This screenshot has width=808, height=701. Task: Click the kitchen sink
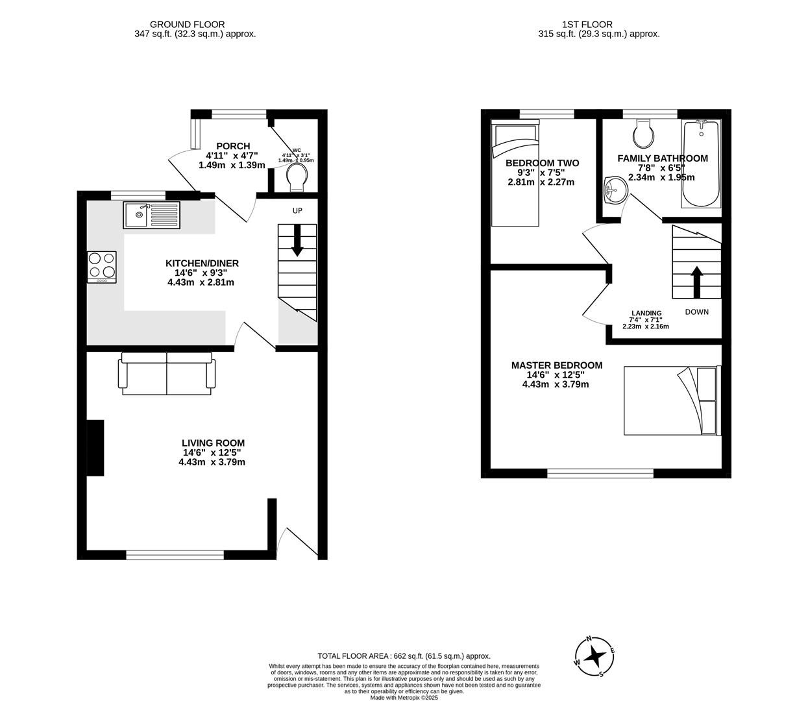pos(151,215)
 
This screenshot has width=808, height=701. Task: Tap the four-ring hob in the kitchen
pos(102,266)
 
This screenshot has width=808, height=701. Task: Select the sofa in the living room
pos(166,374)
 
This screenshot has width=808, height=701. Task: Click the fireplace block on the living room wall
pos(95,448)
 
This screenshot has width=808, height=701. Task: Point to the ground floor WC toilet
pos(296,177)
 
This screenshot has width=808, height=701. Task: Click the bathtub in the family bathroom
pos(700,164)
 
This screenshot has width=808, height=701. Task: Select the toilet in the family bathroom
pos(644,134)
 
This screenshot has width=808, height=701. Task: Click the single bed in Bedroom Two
pos(515,174)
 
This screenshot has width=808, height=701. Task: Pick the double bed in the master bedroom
pos(672,400)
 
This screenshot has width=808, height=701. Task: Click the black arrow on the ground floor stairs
pos(297,240)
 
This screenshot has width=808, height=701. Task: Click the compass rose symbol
pos(594,656)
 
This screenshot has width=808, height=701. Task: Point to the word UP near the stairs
pos(297,210)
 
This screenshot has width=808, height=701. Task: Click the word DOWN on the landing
pos(697,312)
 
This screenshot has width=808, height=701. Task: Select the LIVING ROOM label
pos(213,443)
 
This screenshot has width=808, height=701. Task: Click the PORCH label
pos(233,146)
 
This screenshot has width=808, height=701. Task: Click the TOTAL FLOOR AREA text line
pos(404,656)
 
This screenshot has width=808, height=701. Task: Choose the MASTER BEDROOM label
pos(556,365)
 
